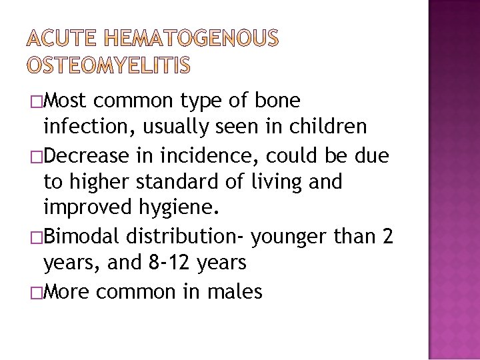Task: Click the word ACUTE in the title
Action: coord(62,41)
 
